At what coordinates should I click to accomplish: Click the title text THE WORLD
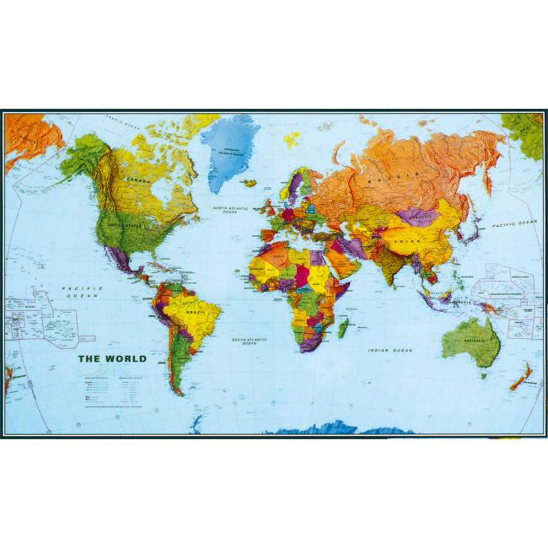tap(112, 358)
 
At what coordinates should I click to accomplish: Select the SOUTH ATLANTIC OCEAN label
tap(250, 340)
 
